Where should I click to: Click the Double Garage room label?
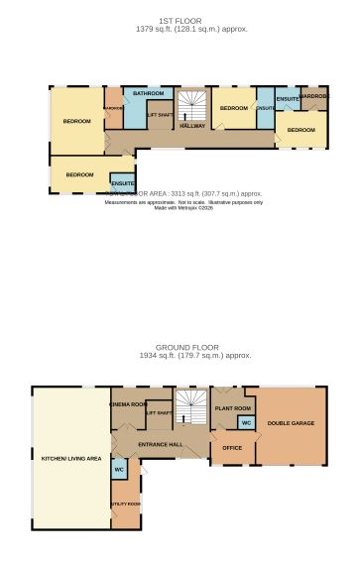click(x=291, y=423)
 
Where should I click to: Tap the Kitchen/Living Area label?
click(x=70, y=459)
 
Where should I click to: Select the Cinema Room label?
click(x=128, y=404)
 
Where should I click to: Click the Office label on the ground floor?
click(x=233, y=447)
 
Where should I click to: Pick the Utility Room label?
click(x=126, y=504)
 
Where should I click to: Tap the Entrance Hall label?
click(x=160, y=443)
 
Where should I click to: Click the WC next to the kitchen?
click(x=119, y=469)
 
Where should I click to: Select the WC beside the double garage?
click(x=245, y=423)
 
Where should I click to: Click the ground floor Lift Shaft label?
click(x=159, y=412)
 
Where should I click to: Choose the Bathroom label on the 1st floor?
click(x=149, y=93)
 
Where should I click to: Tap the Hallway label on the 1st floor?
click(x=192, y=126)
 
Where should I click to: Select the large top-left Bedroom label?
click(x=77, y=121)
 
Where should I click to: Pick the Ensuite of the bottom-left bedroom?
click(x=123, y=183)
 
